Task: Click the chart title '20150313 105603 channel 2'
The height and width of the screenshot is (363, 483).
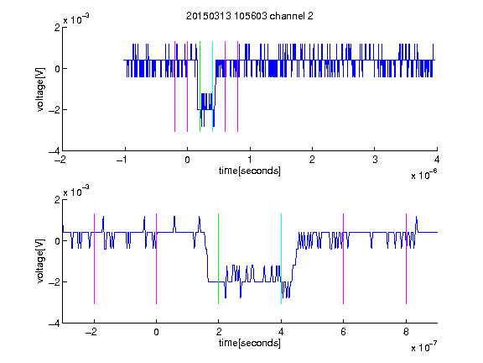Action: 250,16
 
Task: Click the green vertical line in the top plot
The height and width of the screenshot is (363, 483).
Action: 200,87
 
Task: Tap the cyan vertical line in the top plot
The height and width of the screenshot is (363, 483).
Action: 212,87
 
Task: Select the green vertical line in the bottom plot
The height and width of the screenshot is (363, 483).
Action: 218,259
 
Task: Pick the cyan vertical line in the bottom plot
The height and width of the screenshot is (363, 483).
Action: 281,259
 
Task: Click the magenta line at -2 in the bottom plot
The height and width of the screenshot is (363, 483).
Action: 94,259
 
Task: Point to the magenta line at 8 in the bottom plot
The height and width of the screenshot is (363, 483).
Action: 406,259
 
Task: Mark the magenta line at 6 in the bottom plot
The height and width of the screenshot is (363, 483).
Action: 344,259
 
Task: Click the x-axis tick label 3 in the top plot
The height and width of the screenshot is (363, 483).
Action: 375,160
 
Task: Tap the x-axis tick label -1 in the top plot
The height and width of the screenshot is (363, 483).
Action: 122,160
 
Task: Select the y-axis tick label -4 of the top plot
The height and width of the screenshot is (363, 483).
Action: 54,151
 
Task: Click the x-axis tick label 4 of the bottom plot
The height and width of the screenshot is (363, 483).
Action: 281,332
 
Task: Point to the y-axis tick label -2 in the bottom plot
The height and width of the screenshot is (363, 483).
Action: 54,281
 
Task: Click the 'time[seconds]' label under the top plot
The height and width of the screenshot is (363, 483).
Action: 250,171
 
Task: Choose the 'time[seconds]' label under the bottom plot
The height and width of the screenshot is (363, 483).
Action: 250,343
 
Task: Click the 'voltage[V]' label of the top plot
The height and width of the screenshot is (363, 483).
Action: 40,90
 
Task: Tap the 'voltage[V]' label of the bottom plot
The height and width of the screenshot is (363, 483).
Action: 40,261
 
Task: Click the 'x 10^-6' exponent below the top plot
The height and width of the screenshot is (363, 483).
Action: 424,175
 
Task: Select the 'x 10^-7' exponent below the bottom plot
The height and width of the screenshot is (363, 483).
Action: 424,347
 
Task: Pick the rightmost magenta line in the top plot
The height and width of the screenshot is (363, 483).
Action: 238,87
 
